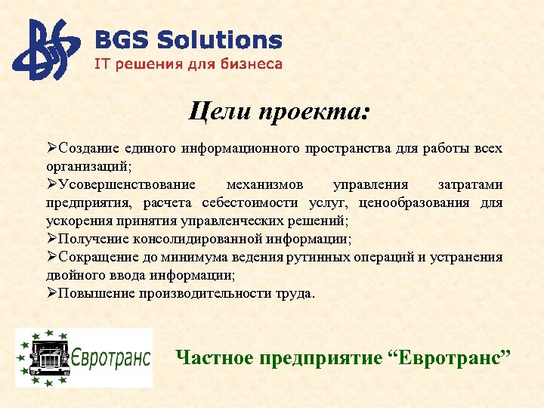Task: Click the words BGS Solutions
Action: coord(187,41)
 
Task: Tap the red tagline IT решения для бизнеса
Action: coord(187,64)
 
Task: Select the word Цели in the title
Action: coord(219,113)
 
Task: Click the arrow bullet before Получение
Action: coord(51,240)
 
